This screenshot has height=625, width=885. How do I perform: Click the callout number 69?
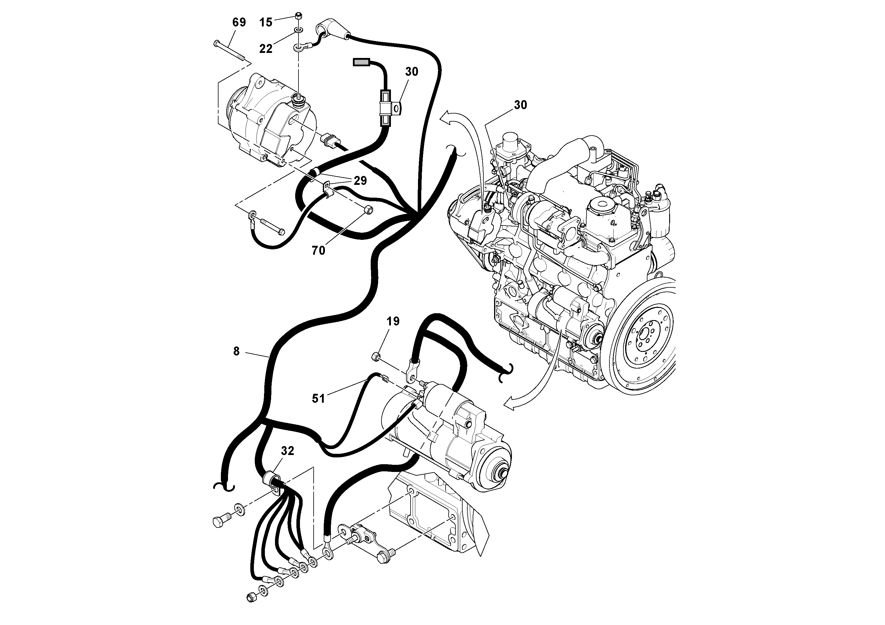click(x=239, y=22)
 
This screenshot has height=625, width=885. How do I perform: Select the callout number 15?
click(x=265, y=22)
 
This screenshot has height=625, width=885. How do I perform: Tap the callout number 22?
click(x=265, y=48)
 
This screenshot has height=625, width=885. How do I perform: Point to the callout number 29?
click(x=360, y=181)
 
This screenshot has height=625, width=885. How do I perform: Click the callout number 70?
click(x=318, y=251)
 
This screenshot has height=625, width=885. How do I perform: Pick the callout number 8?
click(x=236, y=351)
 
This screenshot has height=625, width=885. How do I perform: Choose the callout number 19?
click(x=393, y=321)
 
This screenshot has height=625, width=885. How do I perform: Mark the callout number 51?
click(x=318, y=399)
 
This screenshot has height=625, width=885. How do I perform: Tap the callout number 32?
click(x=287, y=451)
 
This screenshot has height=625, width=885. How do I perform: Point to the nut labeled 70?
click(x=368, y=210)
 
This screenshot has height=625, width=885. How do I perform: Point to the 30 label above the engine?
click(x=520, y=105)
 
